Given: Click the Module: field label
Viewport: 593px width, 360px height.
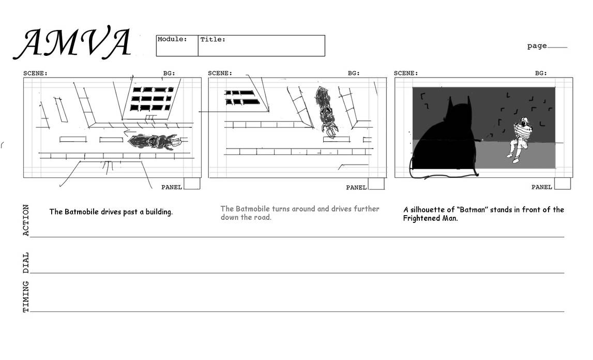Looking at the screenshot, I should pyautogui.click(x=172, y=39).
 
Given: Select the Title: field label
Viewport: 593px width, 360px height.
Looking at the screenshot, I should pyautogui.click(x=213, y=39).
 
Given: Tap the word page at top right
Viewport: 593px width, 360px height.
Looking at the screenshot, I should pyautogui.click(x=537, y=46).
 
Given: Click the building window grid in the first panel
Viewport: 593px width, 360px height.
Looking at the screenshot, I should pyautogui.click(x=151, y=98).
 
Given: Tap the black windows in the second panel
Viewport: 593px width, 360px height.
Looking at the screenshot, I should pyautogui.click(x=242, y=97).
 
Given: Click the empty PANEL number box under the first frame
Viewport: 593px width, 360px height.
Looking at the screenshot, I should pyautogui.click(x=192, y=184).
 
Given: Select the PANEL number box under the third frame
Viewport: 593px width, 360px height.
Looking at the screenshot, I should pyautogui.click(x=562, y=184).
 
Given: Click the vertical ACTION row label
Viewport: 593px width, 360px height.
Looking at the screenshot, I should pyautogui.click(x=26, y=220).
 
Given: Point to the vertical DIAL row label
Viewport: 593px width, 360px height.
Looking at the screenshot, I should pyautogui.click(x=26, y=262).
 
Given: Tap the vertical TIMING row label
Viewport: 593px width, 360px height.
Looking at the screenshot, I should pyautogui.click(x=26, y=296).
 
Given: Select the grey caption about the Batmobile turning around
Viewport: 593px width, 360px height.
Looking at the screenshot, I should pyautogui.click(x=299, y=213).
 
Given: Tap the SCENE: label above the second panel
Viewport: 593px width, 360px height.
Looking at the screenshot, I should pyautogui.click(x=220, y=73).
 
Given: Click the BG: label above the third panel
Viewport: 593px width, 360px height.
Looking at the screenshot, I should pyautogui.click(x=541, y=73).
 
